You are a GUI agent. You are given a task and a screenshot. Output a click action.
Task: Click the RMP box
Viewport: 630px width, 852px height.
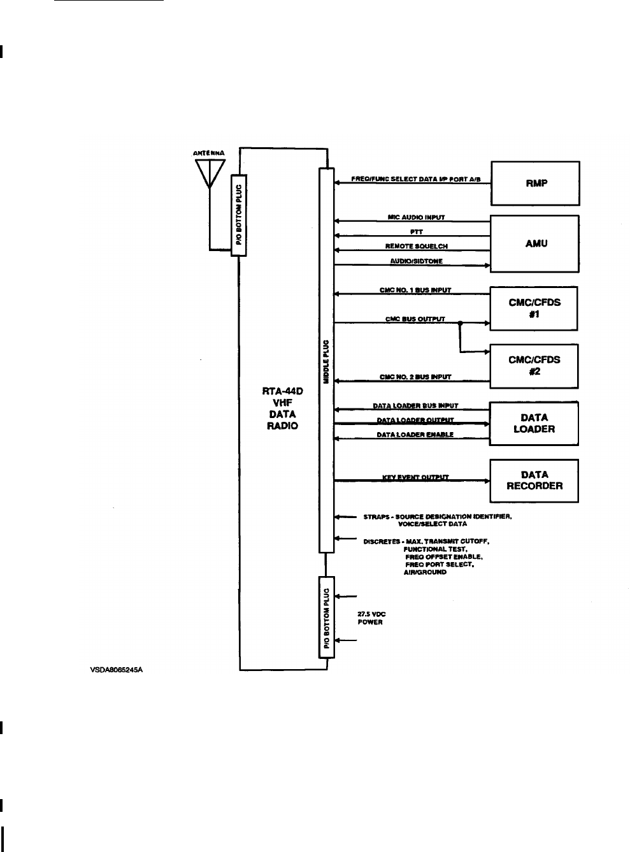(534, 183)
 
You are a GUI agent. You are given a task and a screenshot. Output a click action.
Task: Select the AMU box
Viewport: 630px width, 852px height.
(534, 243)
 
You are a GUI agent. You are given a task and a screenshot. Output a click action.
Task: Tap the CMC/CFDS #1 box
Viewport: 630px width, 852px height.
(534, 308)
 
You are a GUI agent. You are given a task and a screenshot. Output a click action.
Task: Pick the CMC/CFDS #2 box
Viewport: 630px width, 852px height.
(534, 365)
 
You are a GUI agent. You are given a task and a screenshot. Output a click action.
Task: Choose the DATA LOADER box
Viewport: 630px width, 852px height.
(534, 423)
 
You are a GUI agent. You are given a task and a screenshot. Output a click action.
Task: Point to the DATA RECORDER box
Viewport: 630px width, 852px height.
(534, 480)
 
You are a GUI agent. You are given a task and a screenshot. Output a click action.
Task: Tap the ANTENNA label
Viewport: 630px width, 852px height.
(208, 154)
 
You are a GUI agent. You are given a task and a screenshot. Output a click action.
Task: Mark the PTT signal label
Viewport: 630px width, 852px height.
(413, 233)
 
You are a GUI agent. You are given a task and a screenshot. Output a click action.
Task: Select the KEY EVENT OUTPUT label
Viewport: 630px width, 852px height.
(415, 477)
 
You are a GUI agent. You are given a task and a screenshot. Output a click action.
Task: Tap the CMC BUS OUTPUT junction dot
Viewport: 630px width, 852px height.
(459, 322)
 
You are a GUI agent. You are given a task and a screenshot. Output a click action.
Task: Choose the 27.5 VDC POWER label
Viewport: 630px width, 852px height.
(371, 618)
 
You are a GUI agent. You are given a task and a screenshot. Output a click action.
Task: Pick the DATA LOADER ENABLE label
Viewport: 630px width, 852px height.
(415, 435)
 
